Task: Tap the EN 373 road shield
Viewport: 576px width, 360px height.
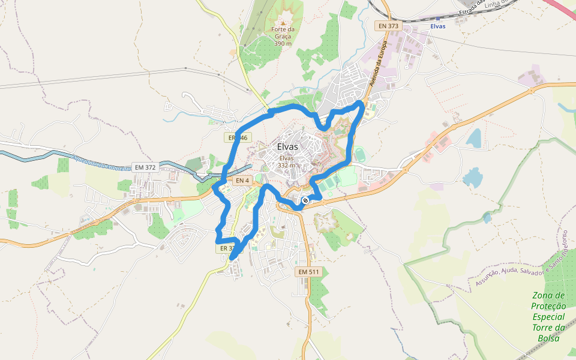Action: click(388, 26)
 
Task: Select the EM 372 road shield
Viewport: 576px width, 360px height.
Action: click(145, 167)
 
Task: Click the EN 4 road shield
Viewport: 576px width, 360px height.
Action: click(242, 180)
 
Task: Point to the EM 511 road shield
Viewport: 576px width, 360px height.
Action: click(309, 272)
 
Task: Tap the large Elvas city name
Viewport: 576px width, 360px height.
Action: click(292, 147)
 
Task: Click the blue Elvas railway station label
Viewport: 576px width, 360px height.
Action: click(438, 26)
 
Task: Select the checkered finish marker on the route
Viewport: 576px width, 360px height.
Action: click(305, 200)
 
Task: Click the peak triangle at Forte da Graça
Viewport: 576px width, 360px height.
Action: click(283, 23)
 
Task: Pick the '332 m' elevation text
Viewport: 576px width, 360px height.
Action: click(287, 165)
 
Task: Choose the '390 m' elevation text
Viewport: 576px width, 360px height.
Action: click(283, 43)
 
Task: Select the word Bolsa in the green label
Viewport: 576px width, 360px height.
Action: click(548, 338)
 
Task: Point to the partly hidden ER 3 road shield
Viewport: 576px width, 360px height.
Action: click(224, 248)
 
